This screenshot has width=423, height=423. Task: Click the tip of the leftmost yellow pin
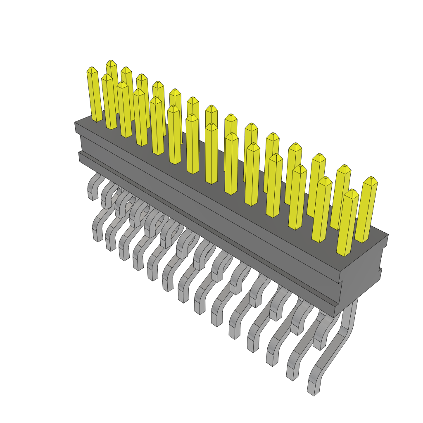pyautogui.click(x=92, y=69)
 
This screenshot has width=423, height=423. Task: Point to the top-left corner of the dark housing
pyautogui.click(x=75, y=123)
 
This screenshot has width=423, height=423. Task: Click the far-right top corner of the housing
pyautogui.click(x=387, y=235)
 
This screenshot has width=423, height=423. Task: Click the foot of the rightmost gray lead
pyautogui.click(x=313, y=388)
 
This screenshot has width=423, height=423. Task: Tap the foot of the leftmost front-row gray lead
pyautogui.click(x=97, y=235)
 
